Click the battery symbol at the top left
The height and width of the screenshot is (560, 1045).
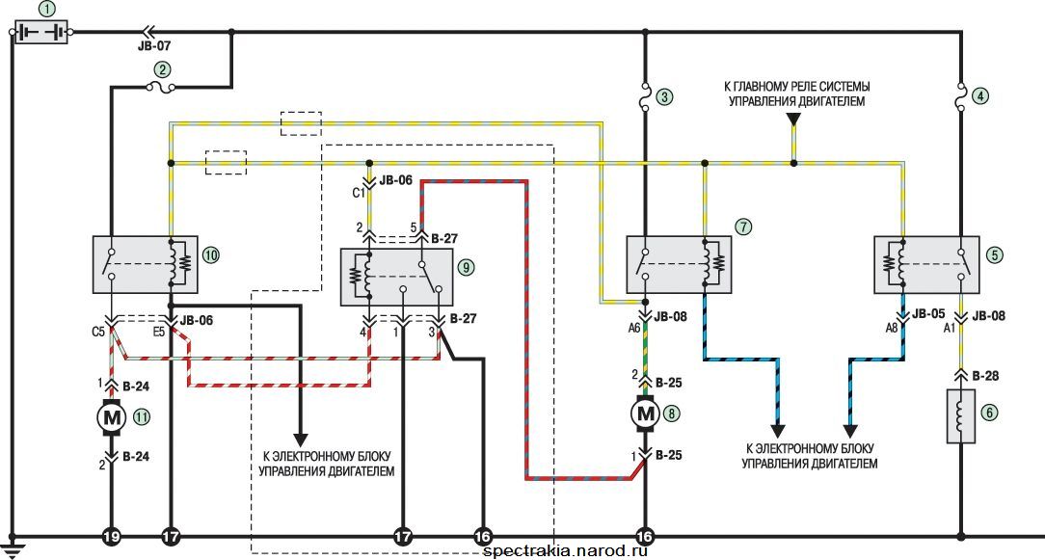tap(41, 32)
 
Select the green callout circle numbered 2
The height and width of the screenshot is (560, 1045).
tap(162, 68)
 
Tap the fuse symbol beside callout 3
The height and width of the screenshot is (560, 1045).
tap(645, 96)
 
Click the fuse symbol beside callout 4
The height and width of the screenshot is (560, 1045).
tap(960, 96)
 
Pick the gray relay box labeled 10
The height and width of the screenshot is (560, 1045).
tap(146, 264)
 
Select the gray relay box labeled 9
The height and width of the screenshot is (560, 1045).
tap(396, 278)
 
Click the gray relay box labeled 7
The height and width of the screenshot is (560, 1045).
tap(679, 264)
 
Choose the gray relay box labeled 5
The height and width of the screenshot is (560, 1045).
tap(926, 264)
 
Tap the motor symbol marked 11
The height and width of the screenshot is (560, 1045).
tap(111, 418)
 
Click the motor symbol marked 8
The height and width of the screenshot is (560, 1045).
tap(645, 413)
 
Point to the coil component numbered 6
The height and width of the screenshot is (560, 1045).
tap(960, 416)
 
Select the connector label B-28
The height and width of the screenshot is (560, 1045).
tap(985, 376)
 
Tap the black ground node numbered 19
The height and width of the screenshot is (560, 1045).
tap(111, 535)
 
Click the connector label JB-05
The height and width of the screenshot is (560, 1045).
tap(927, 314)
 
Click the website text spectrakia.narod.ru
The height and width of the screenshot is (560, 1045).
tap(566, 550)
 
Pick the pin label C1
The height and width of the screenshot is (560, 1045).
tap(359, 194)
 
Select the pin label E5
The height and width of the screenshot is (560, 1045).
tap(159, 329)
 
